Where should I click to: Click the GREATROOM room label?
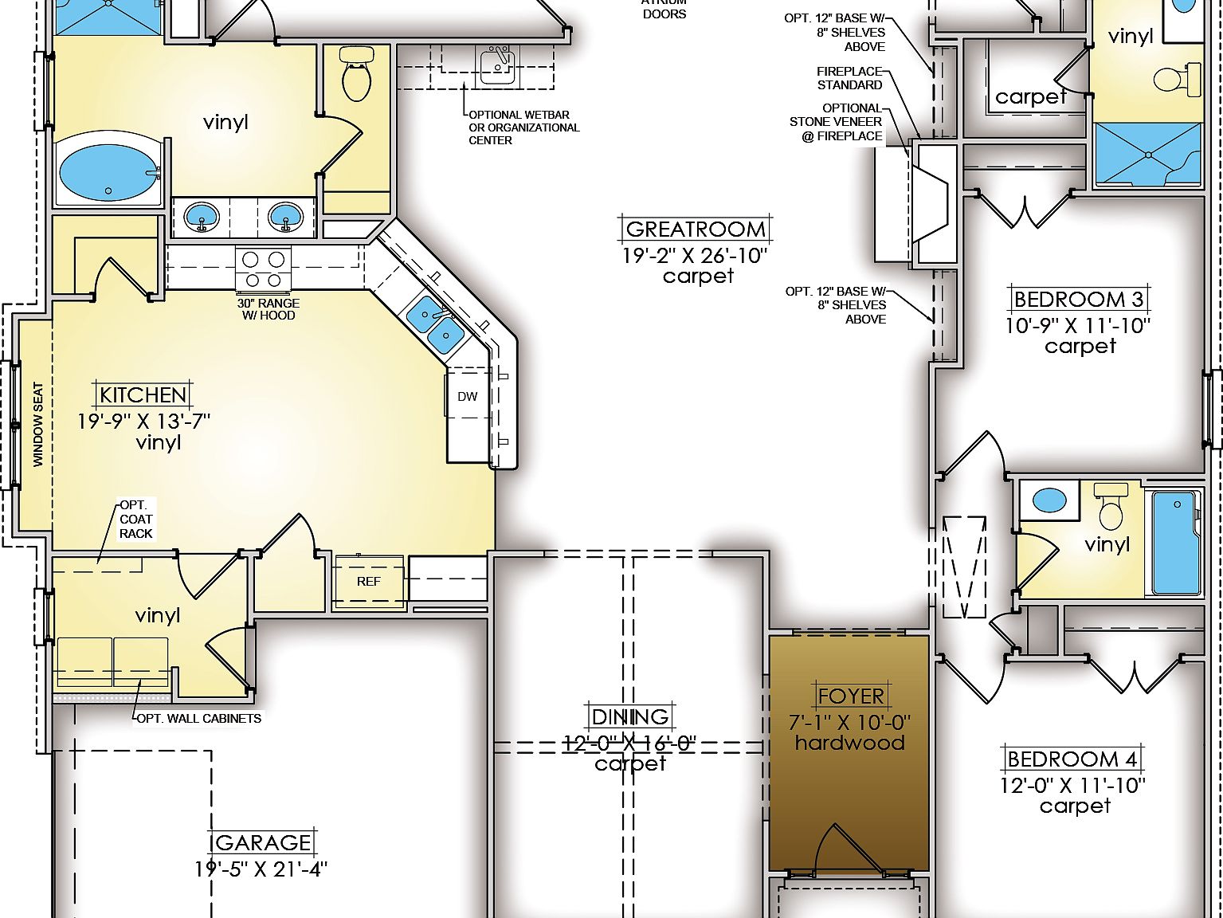[696, 229]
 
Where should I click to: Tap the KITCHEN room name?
[143, 395]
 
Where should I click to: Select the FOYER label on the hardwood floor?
[851, 696]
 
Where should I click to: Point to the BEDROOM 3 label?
[1079, 300]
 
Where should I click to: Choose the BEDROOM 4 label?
[1072, 759]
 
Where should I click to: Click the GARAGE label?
[262, 843]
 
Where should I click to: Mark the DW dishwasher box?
[468, 396]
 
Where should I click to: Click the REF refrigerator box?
[369, 582]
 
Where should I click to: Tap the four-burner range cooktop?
[263, 269]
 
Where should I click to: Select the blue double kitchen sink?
[436, 324]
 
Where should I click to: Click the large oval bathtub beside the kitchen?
[108, 171]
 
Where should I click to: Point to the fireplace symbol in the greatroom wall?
[929, 203]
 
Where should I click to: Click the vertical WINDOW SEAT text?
[38, 424]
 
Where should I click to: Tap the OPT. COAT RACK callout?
[135, 520]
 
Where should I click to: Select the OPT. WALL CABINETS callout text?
[199, 718]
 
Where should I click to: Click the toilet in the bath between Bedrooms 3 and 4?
[1110, 507]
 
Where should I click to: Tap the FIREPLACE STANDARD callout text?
[849, 78]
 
